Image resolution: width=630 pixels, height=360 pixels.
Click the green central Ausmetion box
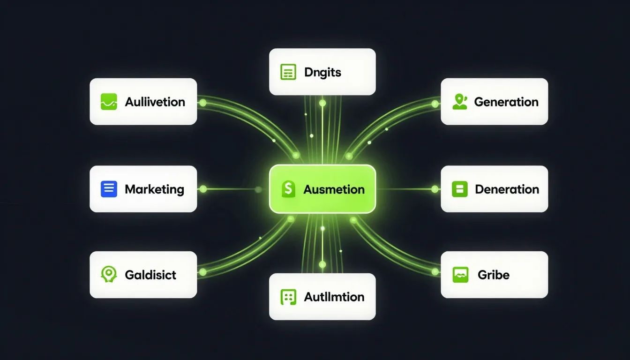322,189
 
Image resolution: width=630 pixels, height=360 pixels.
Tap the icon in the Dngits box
288,72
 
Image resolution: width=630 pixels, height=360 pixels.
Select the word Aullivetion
155,102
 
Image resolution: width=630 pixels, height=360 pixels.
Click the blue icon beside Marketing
109,189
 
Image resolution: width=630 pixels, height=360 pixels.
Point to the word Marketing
154,189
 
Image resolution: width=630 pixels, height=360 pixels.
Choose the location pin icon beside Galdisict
109,274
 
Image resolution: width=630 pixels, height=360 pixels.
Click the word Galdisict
150,275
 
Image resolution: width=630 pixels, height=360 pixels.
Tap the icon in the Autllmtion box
288,297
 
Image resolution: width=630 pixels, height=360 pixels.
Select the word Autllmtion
334,297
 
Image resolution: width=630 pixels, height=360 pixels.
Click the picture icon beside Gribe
460,275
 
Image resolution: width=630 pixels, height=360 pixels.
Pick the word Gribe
493,275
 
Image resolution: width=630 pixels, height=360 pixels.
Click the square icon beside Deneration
459,189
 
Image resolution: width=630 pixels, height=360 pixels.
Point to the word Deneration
507,189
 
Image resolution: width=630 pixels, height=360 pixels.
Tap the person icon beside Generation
460,102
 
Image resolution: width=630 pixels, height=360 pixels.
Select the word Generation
506,102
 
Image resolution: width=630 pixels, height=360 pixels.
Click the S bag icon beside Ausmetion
288,189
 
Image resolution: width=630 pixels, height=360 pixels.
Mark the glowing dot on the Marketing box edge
203,189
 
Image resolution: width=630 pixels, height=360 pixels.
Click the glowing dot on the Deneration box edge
435,189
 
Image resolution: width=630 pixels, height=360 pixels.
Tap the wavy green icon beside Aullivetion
109,102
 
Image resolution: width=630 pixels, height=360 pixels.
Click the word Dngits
322,73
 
